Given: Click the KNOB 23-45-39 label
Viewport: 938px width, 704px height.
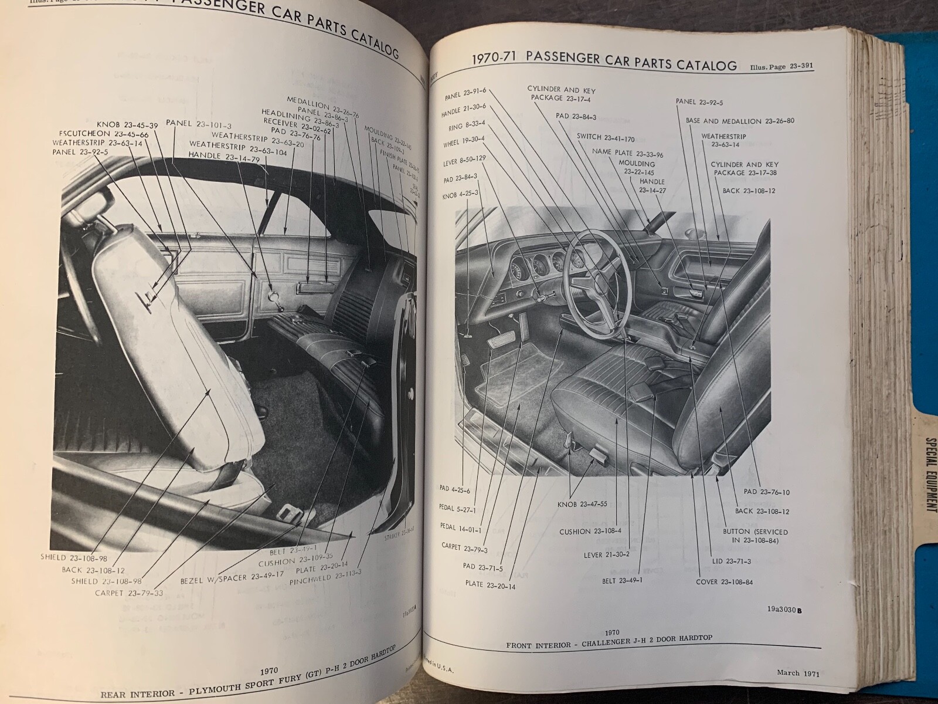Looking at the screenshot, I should tap(120, 125).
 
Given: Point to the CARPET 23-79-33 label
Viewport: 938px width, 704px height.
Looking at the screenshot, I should tap(129, 593).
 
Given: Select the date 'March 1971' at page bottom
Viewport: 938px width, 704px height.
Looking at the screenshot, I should tap(796, 657).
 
